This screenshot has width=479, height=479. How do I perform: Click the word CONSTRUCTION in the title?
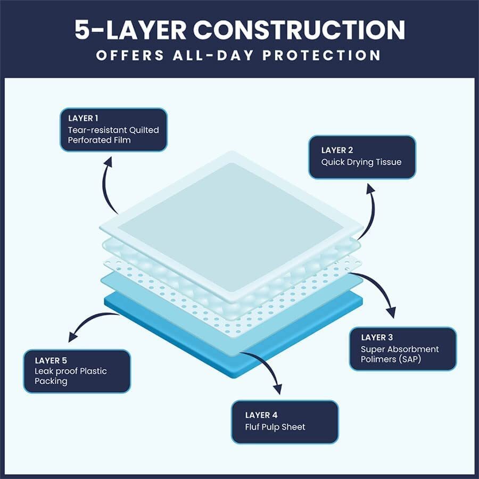(x=299, y=30)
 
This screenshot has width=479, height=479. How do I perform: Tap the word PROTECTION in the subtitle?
(x=321, y=55)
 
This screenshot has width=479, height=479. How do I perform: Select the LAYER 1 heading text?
(x=83, y=118)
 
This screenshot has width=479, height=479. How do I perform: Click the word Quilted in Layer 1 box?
(x=144, y=130)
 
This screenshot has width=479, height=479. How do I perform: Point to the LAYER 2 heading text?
(x=337, y=150)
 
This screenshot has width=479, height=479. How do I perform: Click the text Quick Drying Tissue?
(x=361, y=162)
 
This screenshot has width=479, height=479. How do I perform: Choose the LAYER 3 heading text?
(x=377, y=337)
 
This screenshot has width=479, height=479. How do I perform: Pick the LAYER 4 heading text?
(x=261, y=415)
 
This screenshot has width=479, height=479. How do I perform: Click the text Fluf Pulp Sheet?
(x=275, y=427)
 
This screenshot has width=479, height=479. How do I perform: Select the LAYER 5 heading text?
(x=51, y=360)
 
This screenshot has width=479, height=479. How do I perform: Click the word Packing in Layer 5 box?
(x=51, y=381)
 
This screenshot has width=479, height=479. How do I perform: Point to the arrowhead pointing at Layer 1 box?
(x=108, y=162)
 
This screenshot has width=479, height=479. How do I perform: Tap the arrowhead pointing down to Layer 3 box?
(x=391, y=312)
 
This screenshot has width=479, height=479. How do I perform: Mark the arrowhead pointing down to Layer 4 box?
(x=277, y=389)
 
